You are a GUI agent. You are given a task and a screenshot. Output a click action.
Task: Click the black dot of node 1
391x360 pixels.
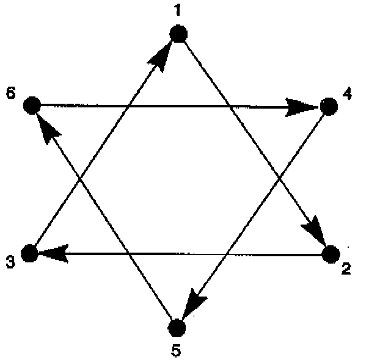[x=178, y=34]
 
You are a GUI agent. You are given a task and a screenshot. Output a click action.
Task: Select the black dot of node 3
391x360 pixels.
[x=30, y=253]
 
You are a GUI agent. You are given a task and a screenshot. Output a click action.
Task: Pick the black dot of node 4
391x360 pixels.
[x=328, y=107]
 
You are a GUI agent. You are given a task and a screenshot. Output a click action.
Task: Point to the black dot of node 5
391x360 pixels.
[x=176, y=328]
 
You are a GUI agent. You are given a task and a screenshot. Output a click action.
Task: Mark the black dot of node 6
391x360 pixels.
[x=31, y=106]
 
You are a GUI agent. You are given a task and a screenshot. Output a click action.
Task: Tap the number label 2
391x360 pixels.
[x=346, y=269]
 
